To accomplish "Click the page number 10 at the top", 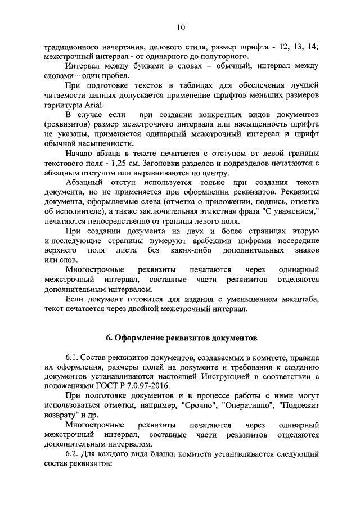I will click(180, 27).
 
